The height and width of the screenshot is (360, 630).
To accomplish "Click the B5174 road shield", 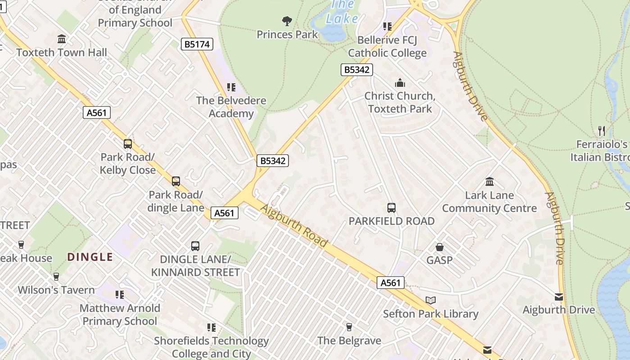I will coord(197,44).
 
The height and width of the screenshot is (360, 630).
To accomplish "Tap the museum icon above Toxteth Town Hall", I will coord(62,39).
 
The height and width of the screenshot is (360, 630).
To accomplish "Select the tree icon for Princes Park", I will coord(287,21).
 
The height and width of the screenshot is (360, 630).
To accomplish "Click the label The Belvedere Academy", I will coord(231,107).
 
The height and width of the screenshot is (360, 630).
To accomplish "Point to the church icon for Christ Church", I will coord(400,83).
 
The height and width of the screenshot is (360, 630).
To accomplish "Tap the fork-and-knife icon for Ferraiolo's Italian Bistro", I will coord(602,131).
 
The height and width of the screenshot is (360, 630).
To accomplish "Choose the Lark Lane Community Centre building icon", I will coord(490,182).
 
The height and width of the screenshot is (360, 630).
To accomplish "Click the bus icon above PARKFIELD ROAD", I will coord(391,207).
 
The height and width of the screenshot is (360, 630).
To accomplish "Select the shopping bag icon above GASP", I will coord(440,247).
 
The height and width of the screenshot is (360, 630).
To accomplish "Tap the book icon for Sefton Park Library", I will coord(431,300).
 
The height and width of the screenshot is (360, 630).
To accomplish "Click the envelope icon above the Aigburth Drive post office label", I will coord(559,297).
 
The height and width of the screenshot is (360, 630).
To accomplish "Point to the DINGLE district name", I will coord(90,257).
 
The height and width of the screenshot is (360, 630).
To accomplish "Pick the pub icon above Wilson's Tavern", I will coord(56,276).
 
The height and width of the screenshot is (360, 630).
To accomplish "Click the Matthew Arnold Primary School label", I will coord(120,315).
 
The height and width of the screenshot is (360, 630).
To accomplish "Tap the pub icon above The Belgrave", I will coord(349,327).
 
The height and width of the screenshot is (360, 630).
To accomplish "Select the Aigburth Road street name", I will coord(294,226).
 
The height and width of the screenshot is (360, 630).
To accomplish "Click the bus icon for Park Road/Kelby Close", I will coord(128,144).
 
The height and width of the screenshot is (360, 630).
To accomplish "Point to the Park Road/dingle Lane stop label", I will coord(176,201).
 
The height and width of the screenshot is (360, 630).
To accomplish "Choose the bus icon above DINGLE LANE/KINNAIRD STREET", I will coord(195,246).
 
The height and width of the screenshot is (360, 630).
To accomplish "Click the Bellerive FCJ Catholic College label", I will coord(387,46).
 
